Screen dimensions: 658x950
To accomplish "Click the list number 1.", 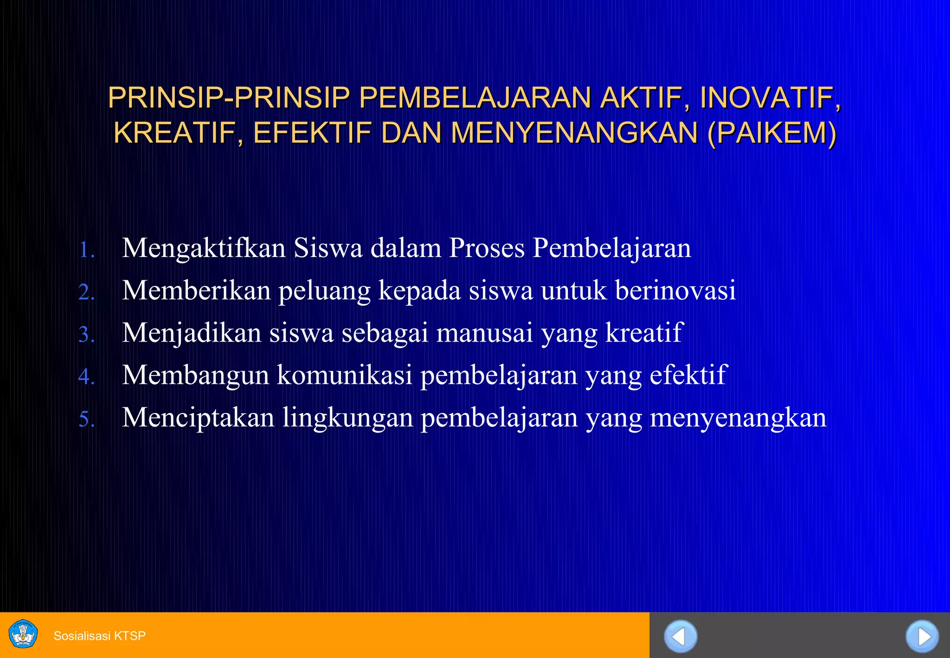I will (x=86, y=251).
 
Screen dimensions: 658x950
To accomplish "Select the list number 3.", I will (x=86, y=335).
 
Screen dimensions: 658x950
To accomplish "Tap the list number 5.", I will (x=86, y=419).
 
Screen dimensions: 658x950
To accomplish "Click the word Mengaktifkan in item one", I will (x=204, y=249).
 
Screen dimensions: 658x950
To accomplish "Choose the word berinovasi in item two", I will (x=675, y=290).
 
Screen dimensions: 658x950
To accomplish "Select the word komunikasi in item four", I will (x=345, y=375).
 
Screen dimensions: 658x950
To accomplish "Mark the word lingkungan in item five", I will (x=348, y=419).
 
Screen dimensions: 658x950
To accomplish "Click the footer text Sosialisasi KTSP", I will (x=100, y=636).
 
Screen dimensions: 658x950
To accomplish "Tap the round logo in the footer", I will (x=23, y=634).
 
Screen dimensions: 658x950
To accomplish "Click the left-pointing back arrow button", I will (x=680, y=636).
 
